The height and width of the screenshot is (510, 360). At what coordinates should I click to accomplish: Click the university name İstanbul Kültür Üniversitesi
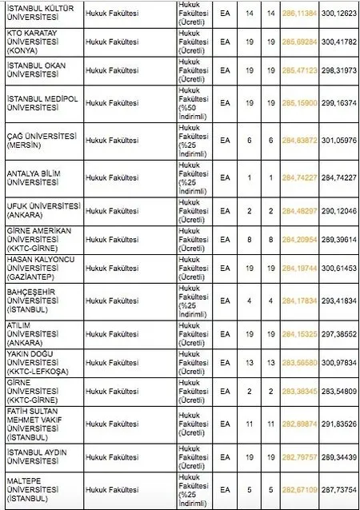coord(35,14)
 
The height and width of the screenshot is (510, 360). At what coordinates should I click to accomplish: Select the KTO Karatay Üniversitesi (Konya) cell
coord(35,41)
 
